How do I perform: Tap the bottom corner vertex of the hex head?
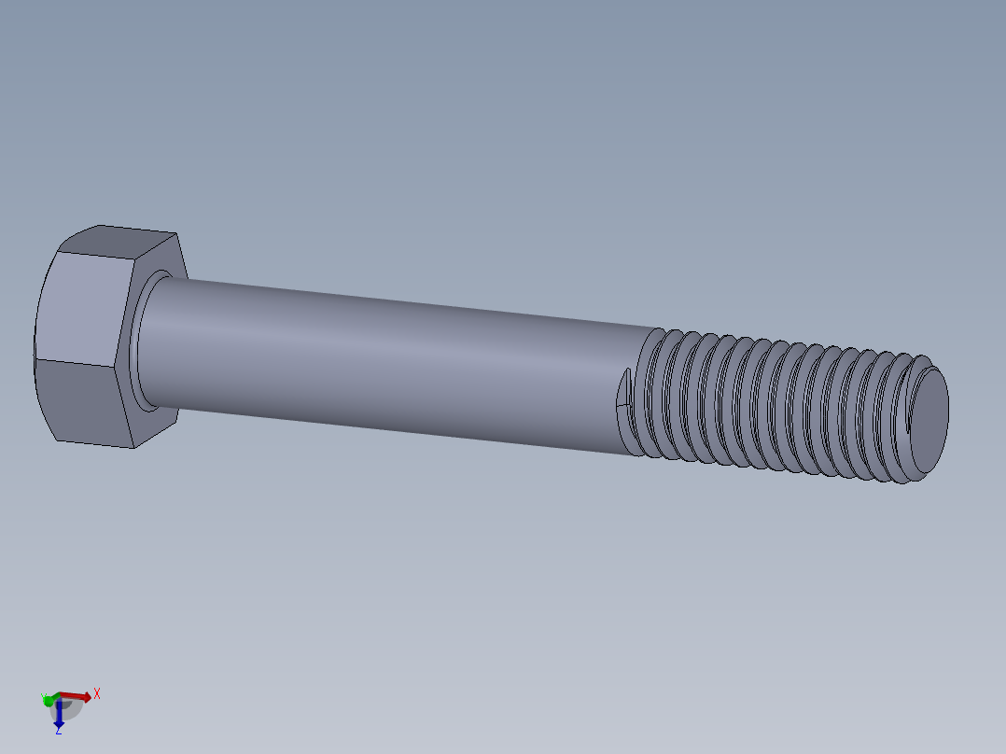(131, 447)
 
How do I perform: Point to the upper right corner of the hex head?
(177, 234)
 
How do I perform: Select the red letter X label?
(96, 693)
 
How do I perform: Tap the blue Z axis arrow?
(59, 716)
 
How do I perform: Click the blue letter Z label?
(58, 731)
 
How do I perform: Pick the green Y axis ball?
(48, 700)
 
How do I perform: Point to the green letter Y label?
(43, 695)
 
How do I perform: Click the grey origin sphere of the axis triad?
(67, 707)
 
